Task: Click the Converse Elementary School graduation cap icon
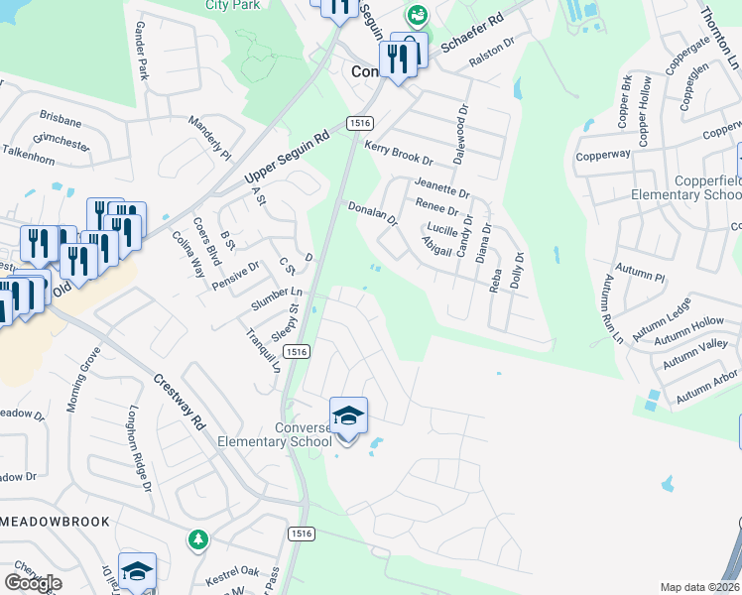tap(348, 416)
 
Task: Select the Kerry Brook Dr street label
tap(400, 153)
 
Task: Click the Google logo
tap(33, 583)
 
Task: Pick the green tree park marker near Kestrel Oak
tap(198, 539)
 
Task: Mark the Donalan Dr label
tap(372, 213)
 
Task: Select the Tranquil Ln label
tap(263, 348)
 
